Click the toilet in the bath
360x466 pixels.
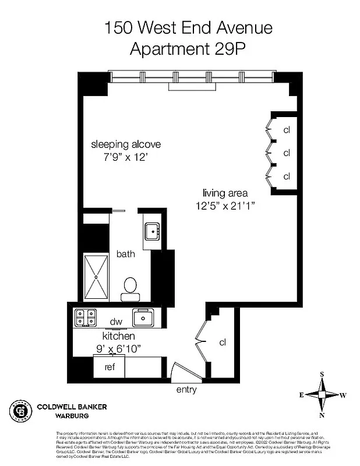tap(130, 287)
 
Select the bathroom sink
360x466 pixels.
tap(153, 232)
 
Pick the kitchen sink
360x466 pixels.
tap(143, 318)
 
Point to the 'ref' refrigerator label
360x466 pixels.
tap(110, 367)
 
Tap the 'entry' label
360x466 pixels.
tap(186, 390)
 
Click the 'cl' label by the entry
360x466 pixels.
tap(222, 343)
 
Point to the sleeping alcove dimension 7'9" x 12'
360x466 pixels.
tap(126, 157)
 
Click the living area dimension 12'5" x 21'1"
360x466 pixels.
tap(225, 205)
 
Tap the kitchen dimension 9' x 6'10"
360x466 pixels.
tap(119, 349)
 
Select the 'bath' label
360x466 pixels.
tap(125, 254)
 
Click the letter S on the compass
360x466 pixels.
tap(322, 375)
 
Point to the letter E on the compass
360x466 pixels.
tap(302, 395)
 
